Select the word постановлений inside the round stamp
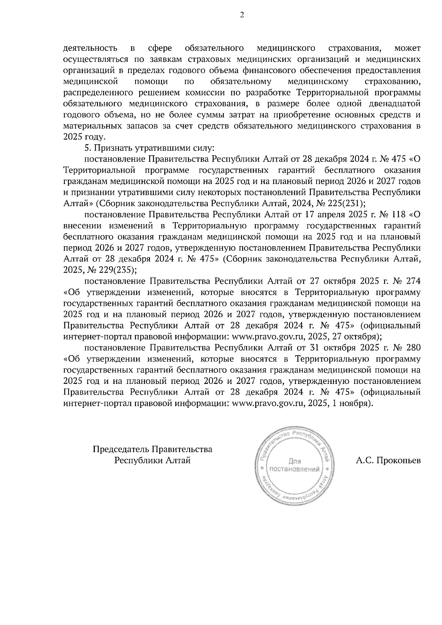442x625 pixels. point(295,469)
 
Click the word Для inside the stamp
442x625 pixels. point(295,461)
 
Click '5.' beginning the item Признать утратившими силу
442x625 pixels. point(88,148)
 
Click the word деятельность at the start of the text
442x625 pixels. point(90,48)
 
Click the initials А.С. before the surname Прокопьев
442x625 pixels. point(365,460)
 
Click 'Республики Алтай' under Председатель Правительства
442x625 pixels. point(152,460)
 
